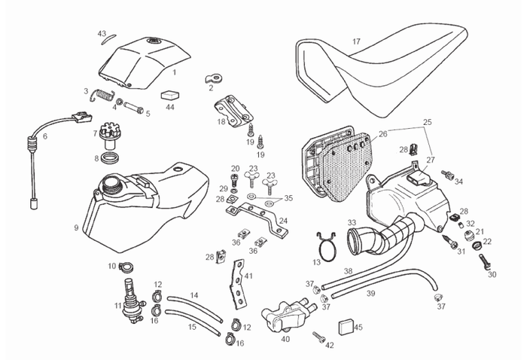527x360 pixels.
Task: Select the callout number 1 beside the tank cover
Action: pyautogui.click(x=174, y=72)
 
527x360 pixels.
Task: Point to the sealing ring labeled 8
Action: pyautogui.click(x=111, y=158)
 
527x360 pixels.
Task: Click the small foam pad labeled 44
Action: pyautogui.click(x=170, y=96)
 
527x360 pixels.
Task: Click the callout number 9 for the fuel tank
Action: pyautogui.click(x=77, y=227)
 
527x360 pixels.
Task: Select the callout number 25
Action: pyautogui.click(x=427, y=121)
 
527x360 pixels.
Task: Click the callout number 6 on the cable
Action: pyautogui.click(x=44, y=136)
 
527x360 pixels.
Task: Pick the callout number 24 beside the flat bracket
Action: pyautogui.click(x=283, y=221)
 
